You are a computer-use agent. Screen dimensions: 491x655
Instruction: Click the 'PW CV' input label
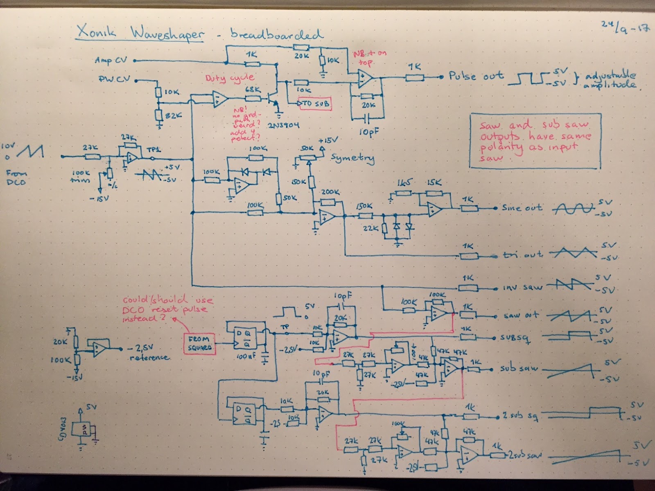point(112,79)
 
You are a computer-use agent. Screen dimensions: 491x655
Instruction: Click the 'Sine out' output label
point(522,208)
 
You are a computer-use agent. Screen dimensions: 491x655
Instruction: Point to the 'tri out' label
point(522,255)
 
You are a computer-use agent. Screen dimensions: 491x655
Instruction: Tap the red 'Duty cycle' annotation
point(230,78)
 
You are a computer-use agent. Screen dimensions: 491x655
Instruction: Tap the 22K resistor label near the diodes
point(371,228)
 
